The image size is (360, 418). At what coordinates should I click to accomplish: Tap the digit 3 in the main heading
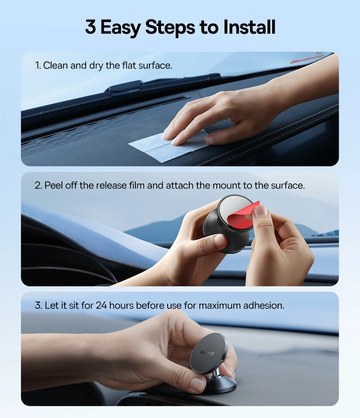tap(91, 27)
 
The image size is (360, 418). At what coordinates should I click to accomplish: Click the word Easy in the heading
tap(120, 28)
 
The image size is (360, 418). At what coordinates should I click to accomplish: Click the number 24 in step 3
tap(101, 305)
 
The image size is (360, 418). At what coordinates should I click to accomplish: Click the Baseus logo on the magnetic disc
tap(207, 353)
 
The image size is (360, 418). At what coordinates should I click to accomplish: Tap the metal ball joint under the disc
tap(217, 372)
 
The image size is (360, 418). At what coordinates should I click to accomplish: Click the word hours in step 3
tap(121, 305)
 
